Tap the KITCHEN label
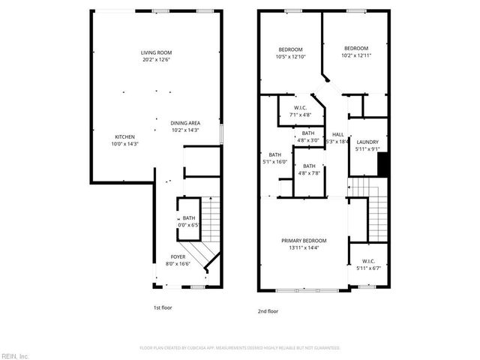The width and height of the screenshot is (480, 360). coord(124,136)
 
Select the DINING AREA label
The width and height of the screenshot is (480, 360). coord(184,123)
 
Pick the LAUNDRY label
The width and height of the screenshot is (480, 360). coord(367,142)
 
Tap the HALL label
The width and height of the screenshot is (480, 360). coord(338,134)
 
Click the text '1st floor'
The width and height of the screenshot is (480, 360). coord(163,307)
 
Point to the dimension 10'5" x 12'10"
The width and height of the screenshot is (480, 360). coord(289,57)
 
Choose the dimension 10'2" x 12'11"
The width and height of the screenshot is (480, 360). coord(356,55)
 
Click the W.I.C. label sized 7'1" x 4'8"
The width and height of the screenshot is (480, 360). coord(300,108)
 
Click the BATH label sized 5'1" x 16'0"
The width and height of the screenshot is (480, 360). coord(275,154)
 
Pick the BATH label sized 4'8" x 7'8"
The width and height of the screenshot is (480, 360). coord(309,166)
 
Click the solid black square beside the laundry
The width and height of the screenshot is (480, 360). coord(382,164)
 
